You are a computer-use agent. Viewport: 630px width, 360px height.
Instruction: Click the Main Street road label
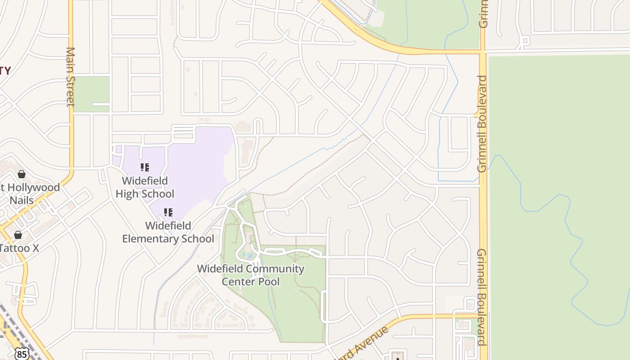[70, 76]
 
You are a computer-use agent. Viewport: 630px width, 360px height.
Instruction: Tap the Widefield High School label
[145, 187]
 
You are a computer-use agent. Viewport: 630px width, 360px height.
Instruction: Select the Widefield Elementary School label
[168, 232]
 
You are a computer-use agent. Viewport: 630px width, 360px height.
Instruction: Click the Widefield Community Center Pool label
[251, 275]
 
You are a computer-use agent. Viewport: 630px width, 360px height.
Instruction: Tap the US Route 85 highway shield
[21, 354]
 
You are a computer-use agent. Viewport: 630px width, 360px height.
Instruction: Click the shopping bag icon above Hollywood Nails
[21, 174]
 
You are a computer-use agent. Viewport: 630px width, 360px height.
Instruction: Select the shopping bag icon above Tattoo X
[18, 235]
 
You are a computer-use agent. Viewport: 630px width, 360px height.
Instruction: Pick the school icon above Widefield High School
[145, 168]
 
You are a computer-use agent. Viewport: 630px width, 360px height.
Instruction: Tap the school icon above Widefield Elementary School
[168, 212]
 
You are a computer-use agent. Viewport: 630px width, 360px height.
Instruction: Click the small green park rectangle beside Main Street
[91, 94]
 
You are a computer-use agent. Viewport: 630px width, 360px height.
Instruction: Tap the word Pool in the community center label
[270, 282]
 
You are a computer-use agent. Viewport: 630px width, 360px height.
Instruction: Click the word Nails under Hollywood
[22, 200]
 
